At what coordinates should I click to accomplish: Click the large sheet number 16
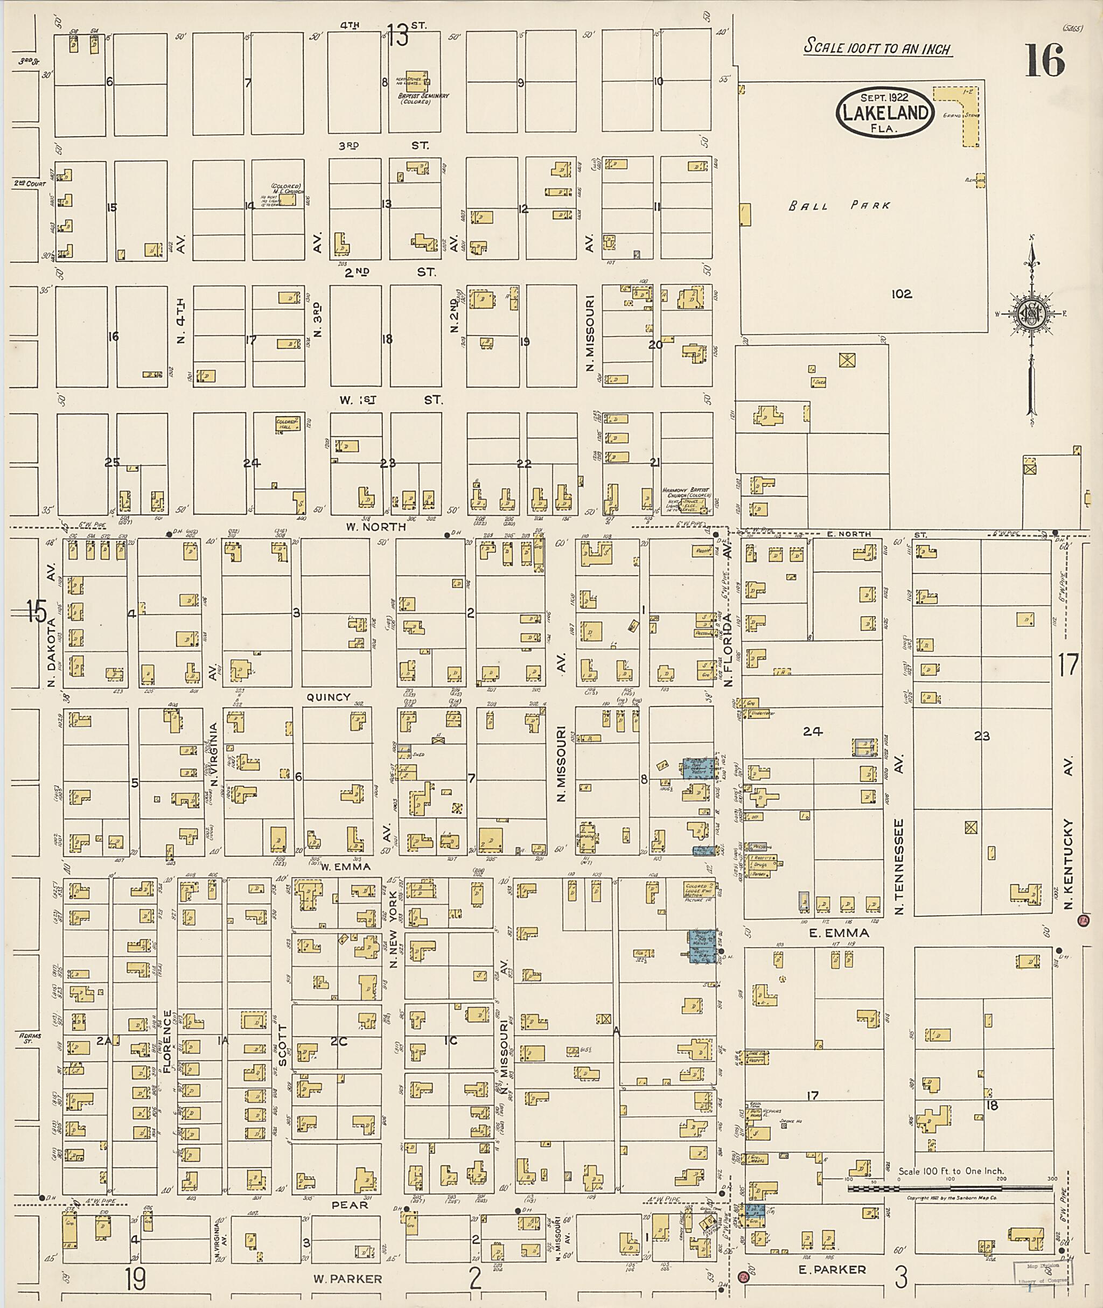[x=1044, y=61]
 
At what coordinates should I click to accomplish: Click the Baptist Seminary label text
[x=423, y=98]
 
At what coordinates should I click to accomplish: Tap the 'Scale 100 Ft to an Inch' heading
[x=877, y=47]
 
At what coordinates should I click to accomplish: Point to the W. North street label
[x=376, y=527]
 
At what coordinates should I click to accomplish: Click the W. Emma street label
[x=346, y=866]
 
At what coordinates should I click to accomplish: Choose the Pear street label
[x=350, y=1205]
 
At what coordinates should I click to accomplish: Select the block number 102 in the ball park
[x=902, y=294]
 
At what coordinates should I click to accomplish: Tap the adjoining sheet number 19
[x=135, y=1278]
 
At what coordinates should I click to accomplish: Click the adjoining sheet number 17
[x=1068, y=665]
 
